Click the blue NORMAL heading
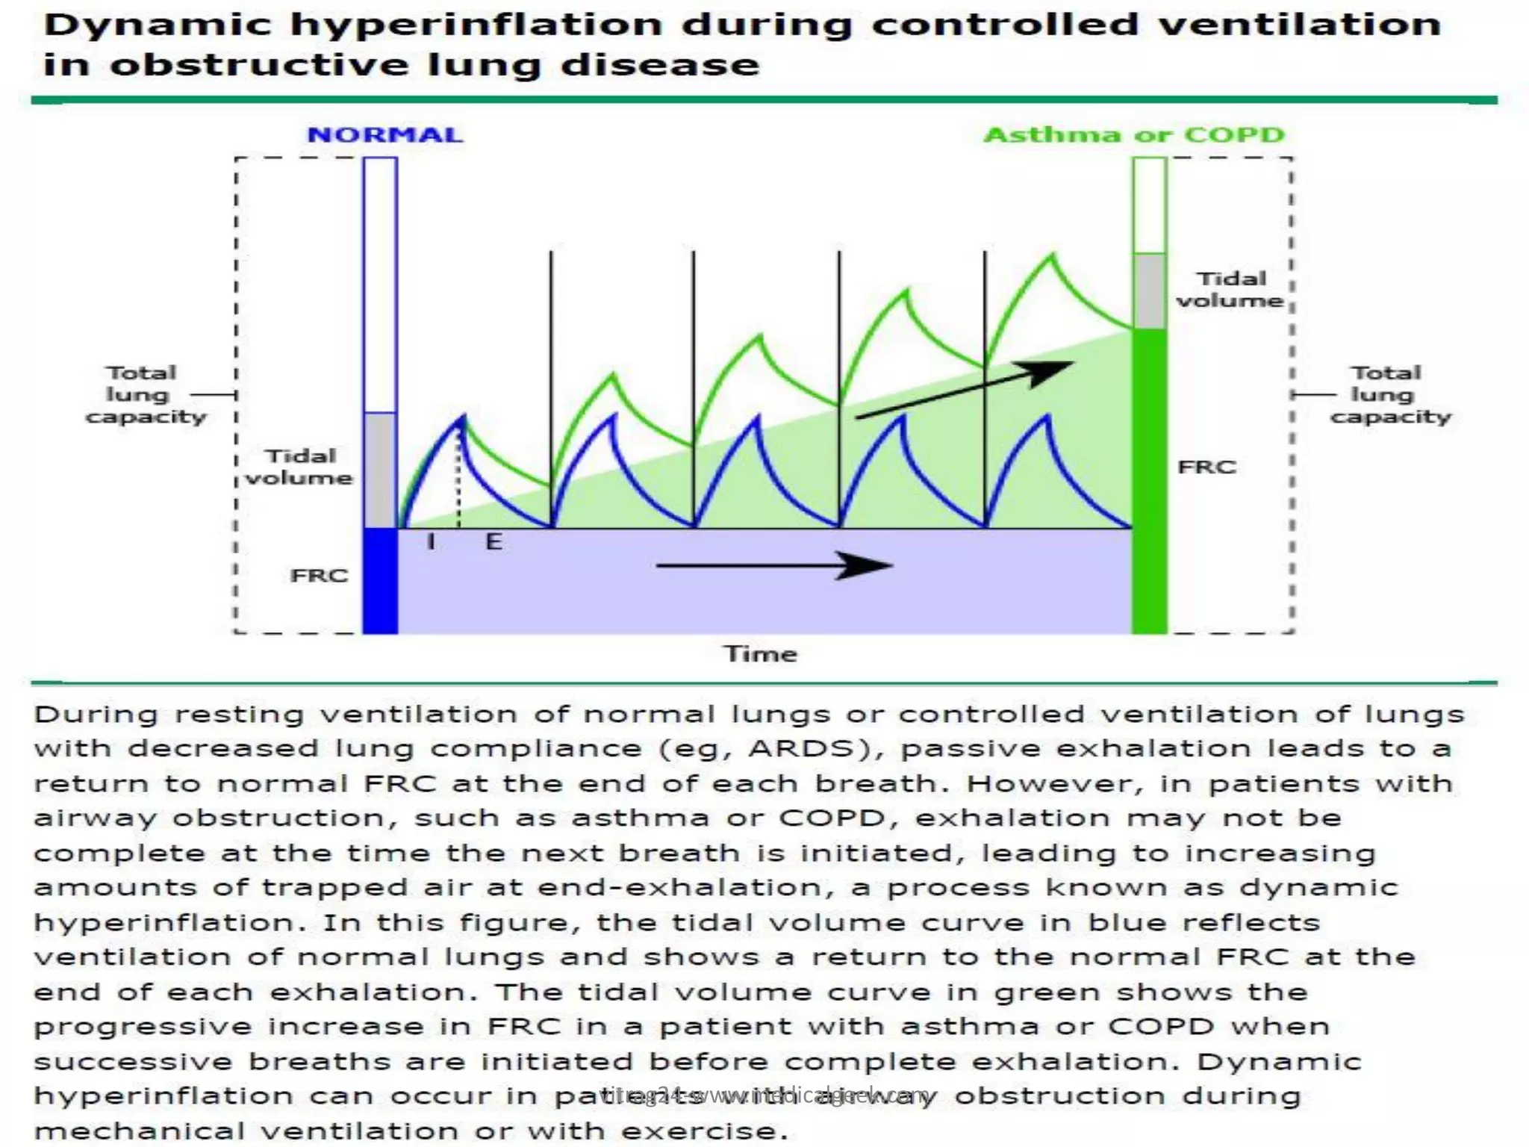tap(384, 135)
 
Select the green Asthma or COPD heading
tap(1134, 135)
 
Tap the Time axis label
tap(761, 654)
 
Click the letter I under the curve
tap(431, 541)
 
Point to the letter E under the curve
tap(493, 541)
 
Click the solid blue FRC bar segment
tap(380, 580)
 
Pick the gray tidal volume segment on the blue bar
tap(380, 470)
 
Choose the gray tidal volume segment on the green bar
tap(1149, 291)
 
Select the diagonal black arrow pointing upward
tap(963, 390)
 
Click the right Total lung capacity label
tap(1389, 394)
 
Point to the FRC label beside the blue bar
tap(319, 576)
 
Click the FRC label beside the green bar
tap(1206, 467)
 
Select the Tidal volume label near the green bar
tap(1230, 290)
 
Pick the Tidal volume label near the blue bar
tap(299, 467)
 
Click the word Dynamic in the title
tap(157, 25)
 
